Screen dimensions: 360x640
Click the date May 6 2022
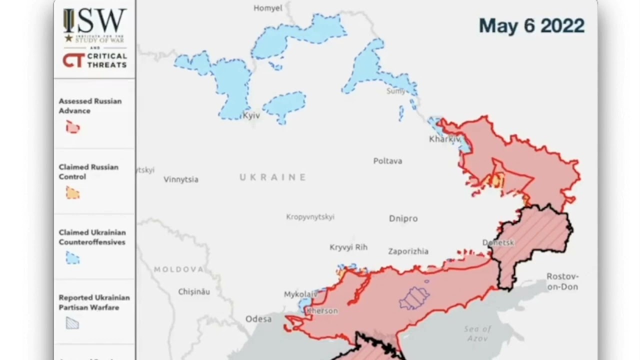coord(531,25)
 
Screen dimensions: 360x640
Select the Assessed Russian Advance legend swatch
coord(73,127)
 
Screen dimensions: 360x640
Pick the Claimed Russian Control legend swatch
coord(73,193)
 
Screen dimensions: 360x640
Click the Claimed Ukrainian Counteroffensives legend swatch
coord(73,258)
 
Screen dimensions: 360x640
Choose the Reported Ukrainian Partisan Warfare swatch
coord(73,324)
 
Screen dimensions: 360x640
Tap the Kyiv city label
coord(251,115)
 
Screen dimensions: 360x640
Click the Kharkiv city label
coord(444,139)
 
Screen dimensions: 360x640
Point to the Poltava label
coord(387,161)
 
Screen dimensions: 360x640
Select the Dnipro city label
coord(403,218)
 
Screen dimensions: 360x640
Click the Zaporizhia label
coord(408,251)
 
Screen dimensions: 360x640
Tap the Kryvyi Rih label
coord(348,247)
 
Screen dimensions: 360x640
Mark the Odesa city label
coord(258,319)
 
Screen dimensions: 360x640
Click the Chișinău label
coord(194,291)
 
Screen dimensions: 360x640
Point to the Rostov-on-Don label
coord(562,281)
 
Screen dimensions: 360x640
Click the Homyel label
coord(268,8)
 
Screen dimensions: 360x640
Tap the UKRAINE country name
coord(272,177)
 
